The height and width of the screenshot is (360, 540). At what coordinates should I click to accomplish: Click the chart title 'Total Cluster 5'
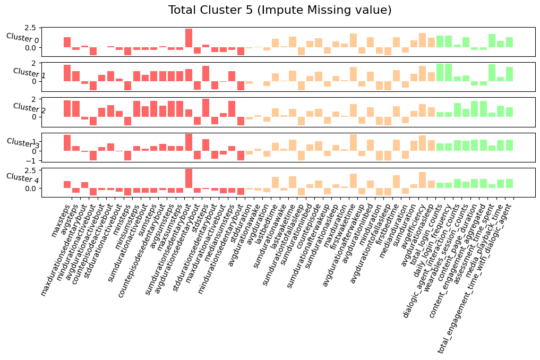(x=279, y=10)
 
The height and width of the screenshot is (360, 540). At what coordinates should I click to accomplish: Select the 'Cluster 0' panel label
(x=22, y=38)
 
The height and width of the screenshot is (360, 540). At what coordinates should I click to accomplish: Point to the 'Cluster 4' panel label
(x=22, y=178)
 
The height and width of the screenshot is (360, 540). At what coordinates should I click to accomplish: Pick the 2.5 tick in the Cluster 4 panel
(x=31, y=170)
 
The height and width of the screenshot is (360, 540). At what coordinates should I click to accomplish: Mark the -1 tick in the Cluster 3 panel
(x=33, y=160)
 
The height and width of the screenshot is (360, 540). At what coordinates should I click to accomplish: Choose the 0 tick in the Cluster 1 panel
(x=35, y=81)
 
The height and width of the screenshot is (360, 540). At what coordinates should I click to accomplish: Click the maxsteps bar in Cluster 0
(x=67, y=42)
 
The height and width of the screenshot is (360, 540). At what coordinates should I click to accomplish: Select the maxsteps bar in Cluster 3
(x=67, y=143)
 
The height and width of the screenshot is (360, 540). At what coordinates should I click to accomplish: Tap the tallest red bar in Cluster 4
(x=188, y=178)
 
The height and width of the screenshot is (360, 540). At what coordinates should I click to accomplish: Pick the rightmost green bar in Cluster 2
(x=509, y=112)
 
